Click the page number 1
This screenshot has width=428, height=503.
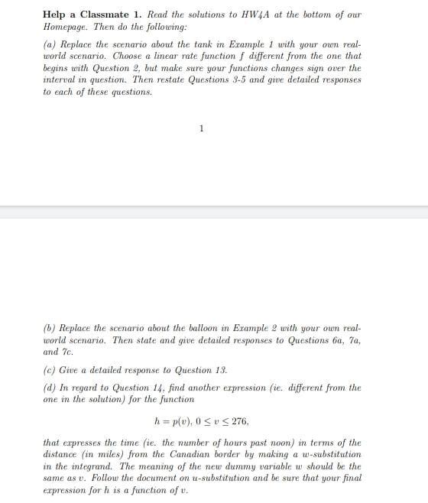(201, 128)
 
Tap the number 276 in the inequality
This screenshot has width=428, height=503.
(238, 420)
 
